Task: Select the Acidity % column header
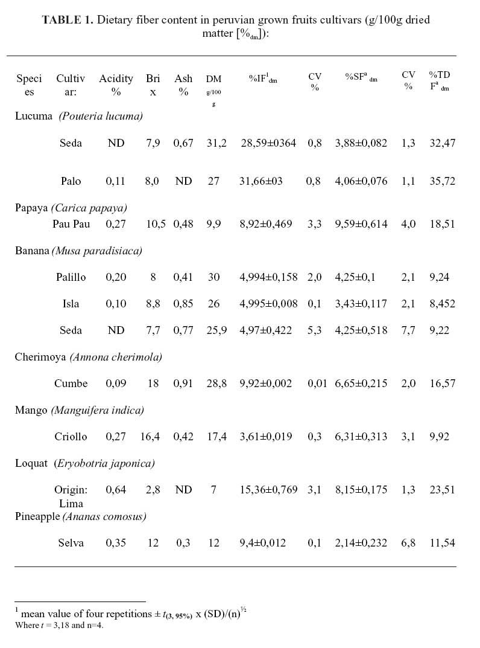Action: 116,85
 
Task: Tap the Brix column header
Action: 153,85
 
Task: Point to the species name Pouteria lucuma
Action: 101,116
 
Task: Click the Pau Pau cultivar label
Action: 71,224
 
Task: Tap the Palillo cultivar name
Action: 71,277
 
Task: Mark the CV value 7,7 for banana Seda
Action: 408,330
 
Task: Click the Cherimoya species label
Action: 40,357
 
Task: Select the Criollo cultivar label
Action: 71,437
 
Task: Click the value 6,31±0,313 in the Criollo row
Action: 361,437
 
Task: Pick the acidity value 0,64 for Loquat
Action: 116,490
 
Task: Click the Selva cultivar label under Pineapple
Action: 71,543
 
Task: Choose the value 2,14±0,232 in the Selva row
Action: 361,543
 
